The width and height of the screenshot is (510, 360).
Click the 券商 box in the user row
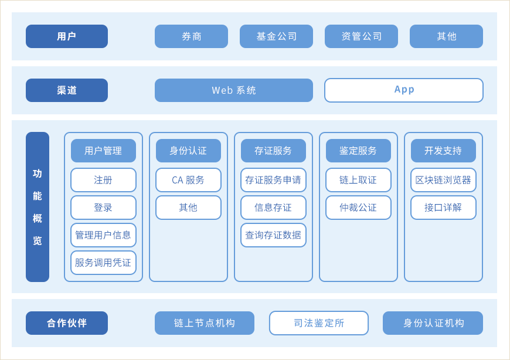(191, 36)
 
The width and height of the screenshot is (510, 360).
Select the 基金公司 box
(277, 36)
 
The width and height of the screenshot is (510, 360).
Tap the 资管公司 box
(361, 36)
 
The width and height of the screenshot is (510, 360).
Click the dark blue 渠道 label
(67, 90)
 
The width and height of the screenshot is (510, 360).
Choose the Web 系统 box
(234, 90)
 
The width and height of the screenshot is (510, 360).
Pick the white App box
(404, 90)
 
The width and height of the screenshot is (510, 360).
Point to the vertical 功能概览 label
(38, 207)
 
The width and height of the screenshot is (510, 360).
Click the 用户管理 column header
(103, 151)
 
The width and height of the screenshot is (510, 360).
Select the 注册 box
(103, 180)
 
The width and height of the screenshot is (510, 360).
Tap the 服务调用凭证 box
(103, 263)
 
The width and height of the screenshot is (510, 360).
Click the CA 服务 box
(188, 180)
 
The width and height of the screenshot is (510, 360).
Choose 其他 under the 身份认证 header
(188, 208)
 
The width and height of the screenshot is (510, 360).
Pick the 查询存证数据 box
(273, 235)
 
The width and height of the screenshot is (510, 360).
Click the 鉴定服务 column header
(358, 151)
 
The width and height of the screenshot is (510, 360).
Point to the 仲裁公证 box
(358, 208)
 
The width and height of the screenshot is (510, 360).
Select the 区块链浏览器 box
(443, 180)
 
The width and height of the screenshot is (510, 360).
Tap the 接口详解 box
(443, 208)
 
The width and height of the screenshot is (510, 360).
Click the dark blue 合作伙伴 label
(67, 323)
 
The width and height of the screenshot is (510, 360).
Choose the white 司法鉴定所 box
(319, 323)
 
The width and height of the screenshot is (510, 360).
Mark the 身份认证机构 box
(433, 323)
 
